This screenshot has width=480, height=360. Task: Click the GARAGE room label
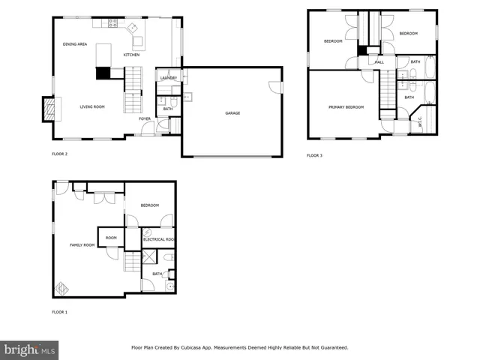pos(232,113)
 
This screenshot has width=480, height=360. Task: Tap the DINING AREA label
pos(75,44)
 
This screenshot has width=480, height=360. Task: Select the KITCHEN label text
pos(131,55)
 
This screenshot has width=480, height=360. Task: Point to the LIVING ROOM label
pos(92,107)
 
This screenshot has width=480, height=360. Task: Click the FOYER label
pos(145,118)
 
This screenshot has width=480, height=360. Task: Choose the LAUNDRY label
pos(168,78)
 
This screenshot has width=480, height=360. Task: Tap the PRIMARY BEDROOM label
pos(346,107)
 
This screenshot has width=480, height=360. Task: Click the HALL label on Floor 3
pos(379,62)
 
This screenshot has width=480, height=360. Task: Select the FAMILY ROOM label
pos(82,245)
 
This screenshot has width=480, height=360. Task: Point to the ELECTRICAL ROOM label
pos(158,239)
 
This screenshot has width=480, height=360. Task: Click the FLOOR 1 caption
pos(59,311)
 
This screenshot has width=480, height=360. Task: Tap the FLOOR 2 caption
pos(59,154)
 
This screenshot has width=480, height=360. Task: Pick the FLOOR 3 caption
pos(314,155)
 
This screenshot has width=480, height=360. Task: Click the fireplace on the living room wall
pos(49,109)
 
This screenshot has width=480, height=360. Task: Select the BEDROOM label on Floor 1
pos(149,205)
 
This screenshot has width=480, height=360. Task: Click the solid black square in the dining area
pos(102,73)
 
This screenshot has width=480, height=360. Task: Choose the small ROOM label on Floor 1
pos(111,238)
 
